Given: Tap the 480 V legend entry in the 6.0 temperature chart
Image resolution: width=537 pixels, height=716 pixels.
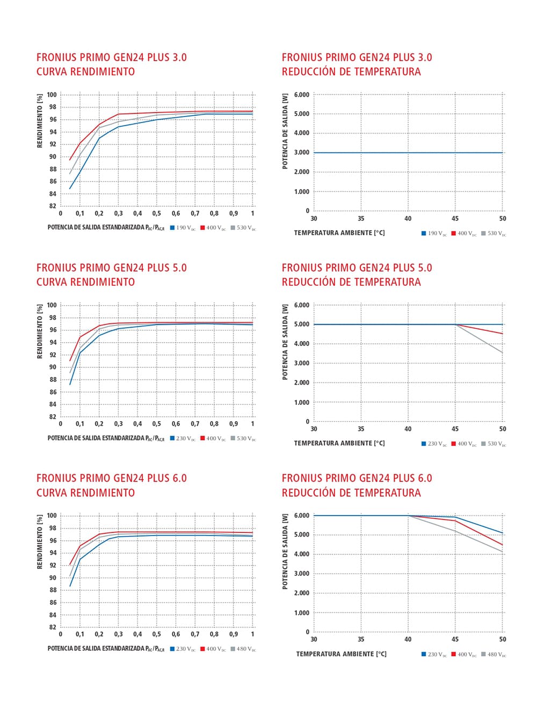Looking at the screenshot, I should [x=494, y=654].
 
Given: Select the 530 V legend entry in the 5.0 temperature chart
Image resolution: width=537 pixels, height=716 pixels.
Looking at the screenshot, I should [x=494, y=444].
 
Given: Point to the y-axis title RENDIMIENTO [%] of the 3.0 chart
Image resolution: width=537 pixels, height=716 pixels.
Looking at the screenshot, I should [x=40, y=121].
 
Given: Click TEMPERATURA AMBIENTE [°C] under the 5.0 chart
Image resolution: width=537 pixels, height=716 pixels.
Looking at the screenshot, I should [x=339, y=443].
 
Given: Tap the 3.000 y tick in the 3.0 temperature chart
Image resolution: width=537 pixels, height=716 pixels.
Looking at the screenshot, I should [x=302, y=153].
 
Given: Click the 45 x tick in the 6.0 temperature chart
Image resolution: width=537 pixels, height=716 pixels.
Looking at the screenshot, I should [x=455, y=639].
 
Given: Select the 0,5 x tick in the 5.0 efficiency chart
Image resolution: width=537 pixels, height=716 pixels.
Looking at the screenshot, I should [x=156, y=424].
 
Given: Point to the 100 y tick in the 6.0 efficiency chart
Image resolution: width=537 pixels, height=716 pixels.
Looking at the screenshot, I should [x=52, y=516].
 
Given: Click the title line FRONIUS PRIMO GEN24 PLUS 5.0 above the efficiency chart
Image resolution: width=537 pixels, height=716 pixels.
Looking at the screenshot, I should [x=112, y=267].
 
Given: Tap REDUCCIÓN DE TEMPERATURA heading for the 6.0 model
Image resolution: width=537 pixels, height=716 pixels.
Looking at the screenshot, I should [x=351, y=493].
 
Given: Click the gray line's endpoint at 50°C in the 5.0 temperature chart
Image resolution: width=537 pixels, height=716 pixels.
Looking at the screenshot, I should [x=503, y=352].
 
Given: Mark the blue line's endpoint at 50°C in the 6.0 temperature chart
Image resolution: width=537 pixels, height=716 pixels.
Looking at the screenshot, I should [x=503, y=533].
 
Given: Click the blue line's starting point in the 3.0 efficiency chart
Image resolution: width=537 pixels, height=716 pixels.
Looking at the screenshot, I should [x=70, y=189].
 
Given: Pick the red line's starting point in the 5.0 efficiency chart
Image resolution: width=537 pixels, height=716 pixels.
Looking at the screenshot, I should [x=70, y=360].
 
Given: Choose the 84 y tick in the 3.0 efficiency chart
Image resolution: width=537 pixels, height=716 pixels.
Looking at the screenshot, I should [x=53, y=181].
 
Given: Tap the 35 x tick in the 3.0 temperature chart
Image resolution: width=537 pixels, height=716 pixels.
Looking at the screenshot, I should [x=361, y=219].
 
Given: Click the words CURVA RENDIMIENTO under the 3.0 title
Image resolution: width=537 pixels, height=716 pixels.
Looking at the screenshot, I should [x=86, y=71].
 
